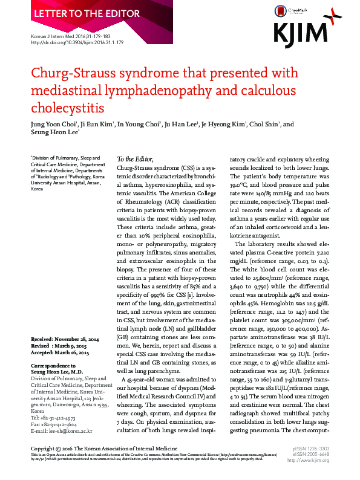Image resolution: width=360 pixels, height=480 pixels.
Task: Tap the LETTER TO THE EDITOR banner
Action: (68, 13)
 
